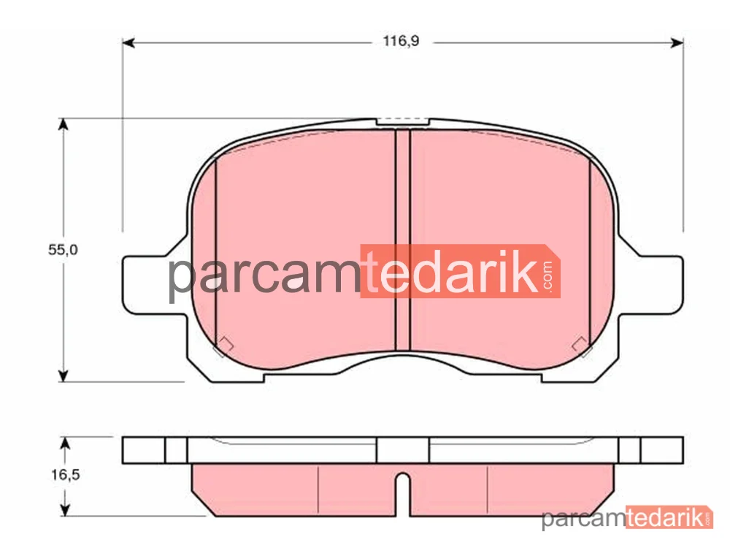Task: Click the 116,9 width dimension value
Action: point(401,42)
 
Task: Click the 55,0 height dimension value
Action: point(63,250)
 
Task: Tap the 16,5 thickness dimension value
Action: point(65,475)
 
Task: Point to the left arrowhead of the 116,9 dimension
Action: point(128,43)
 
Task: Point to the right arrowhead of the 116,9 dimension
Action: point(677,43)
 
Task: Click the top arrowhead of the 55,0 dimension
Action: point(63,124)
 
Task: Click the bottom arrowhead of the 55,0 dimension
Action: point(63,376)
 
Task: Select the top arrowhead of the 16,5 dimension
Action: point(65,444)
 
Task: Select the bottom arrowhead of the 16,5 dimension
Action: point(65,510)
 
